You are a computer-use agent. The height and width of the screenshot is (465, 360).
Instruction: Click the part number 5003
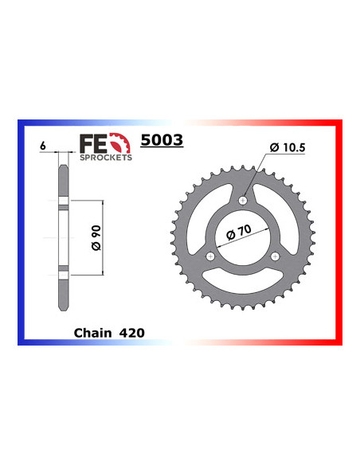[x=162, y=141]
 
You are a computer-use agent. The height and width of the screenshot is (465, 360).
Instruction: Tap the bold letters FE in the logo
[x=90, y=143]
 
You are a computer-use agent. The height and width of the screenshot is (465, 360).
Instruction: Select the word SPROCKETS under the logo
[x=105, y=158]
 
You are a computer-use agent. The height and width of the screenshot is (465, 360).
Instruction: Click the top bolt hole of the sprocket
[x=244, y=200]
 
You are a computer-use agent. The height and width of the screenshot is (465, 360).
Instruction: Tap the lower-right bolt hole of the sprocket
[x=276, y=256]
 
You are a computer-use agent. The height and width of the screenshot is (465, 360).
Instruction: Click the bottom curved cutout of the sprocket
[x=244, y=281]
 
